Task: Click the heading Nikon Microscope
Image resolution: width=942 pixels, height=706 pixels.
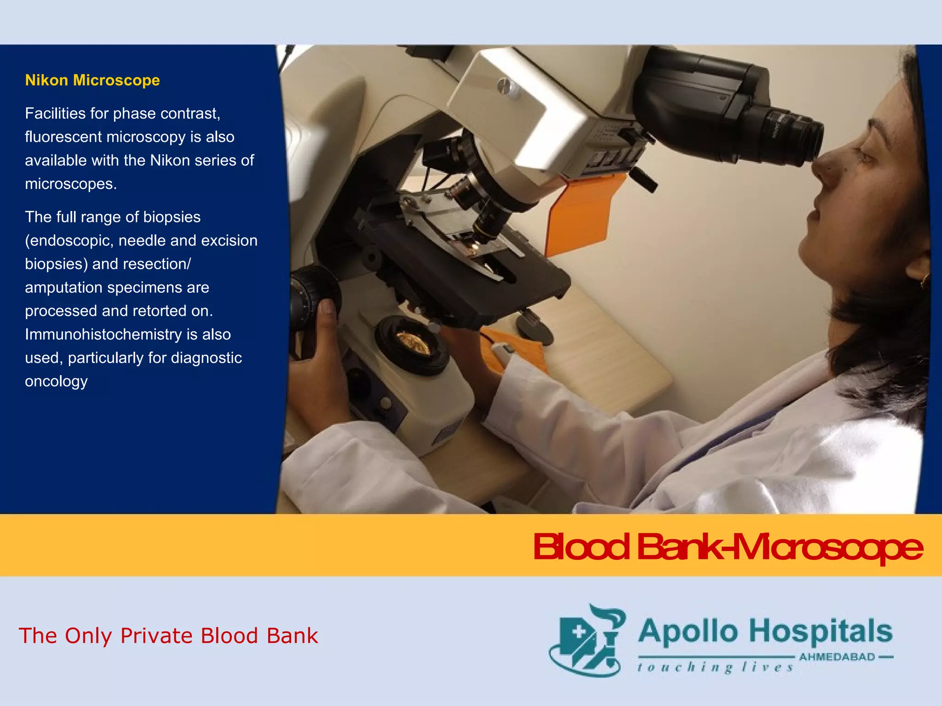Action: click(x=92, y=80)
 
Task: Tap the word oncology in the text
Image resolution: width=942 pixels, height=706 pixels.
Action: click(x=56, y=381)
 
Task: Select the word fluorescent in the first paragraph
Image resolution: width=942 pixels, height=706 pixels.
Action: click(x=63, y=137)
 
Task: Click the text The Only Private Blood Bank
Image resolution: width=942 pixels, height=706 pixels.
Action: click(x=168, y=636)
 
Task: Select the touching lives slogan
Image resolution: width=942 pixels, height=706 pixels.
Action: click(x=715, y=667)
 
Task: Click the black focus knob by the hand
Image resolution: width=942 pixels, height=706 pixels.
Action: click(x=313, y=294)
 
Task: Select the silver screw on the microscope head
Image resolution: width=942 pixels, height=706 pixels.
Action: click(x=505, y=85)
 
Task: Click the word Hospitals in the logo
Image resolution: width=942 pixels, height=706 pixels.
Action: click(x=821, y=632)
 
